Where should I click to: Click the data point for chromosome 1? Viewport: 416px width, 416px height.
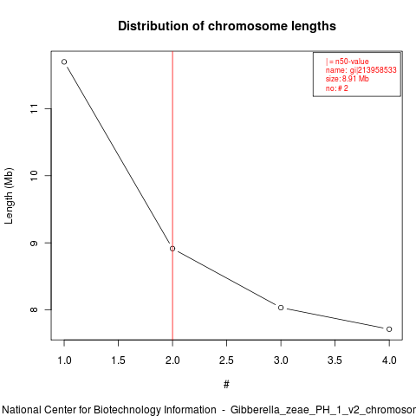click(x=64, y=62)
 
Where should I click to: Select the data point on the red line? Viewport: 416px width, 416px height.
click(x=172, y=249)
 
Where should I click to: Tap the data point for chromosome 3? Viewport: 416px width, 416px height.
click(x=281, y=308)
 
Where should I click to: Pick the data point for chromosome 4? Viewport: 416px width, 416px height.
click(x=389, y=329)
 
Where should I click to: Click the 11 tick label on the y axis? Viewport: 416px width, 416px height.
click(x=34, y=108)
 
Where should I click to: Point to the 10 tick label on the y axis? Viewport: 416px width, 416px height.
click(x=34, y=175)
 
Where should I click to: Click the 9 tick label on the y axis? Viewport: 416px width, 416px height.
click(x=34, y=243)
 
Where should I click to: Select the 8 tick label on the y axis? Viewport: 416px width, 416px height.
click(x=34, y=309)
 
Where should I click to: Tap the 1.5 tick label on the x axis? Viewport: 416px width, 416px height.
click(x=119, y=361)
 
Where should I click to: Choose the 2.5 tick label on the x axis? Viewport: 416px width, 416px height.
click(x=226, y=361)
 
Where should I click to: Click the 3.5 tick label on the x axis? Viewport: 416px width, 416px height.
click(x=335, y=361)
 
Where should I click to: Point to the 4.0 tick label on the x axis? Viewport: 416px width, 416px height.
click(x=389, y=361)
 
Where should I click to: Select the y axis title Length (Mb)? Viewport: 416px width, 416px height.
click(x=9, y=196)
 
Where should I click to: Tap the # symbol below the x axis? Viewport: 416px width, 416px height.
click(x=226, y=385)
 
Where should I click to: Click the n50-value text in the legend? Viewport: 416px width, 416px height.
click(x=352, y=62)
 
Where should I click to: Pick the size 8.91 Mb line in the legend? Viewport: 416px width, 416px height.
click(x=348, y=79)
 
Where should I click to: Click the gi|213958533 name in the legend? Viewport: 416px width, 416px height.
click(x=374, y=70)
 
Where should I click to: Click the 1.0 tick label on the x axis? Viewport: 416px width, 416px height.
click(x=64, y=361)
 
